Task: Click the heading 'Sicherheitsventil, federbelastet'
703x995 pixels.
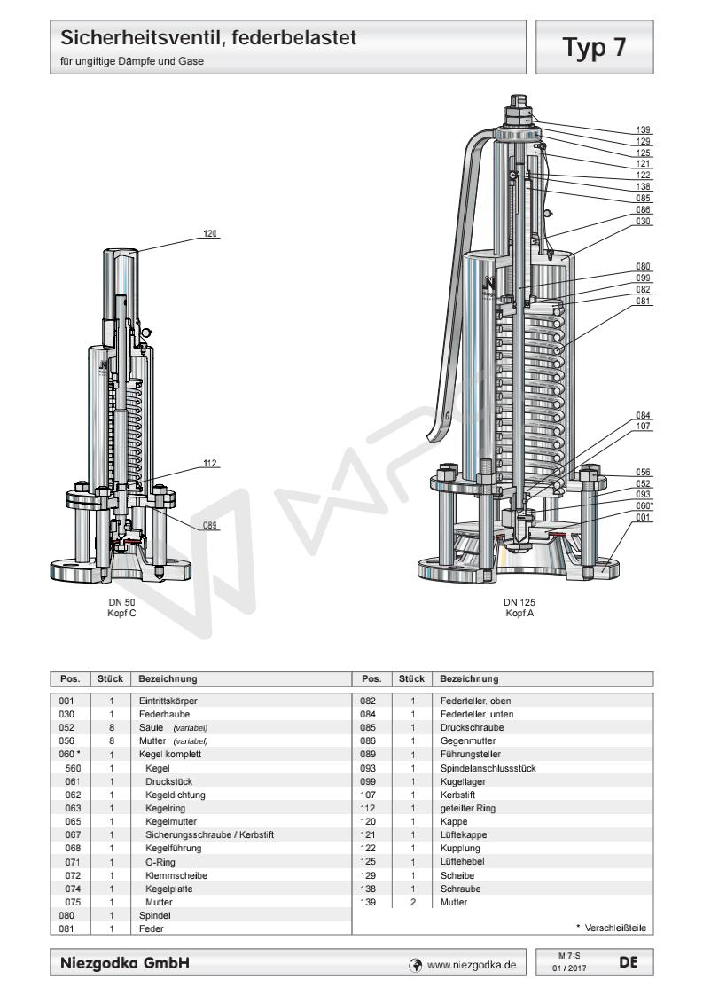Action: coord(209,38)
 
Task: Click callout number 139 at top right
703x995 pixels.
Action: coord(644,129)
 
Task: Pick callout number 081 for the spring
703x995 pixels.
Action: coord(644,302)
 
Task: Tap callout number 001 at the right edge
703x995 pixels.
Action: coord(644,517)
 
